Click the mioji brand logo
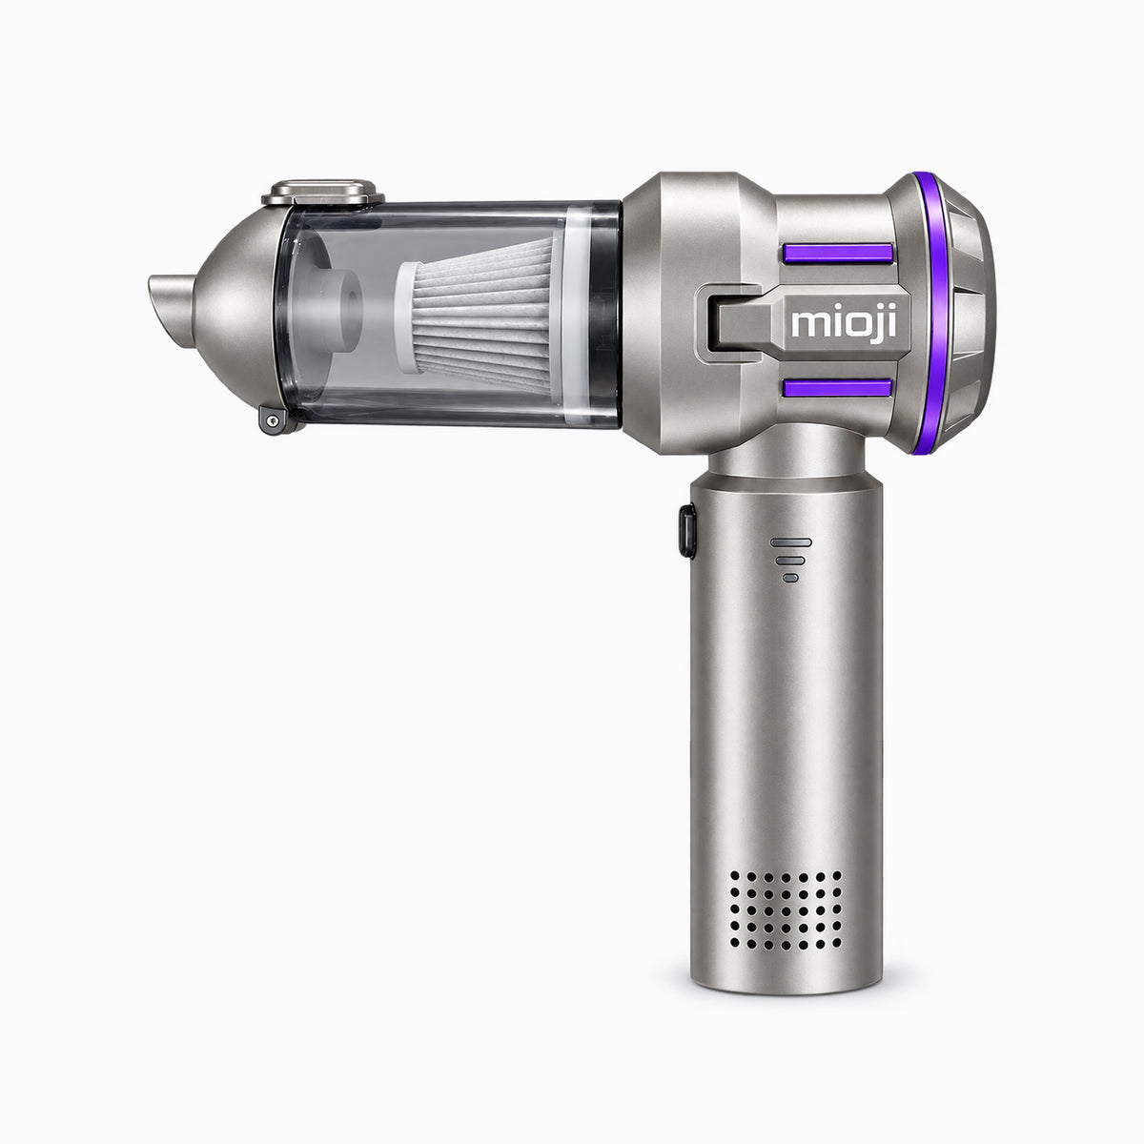coord(844,325)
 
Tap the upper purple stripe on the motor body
coord(838,253)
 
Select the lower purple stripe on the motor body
coord(837,388)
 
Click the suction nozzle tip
coord(171,309)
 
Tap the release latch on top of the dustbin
coord(323,193)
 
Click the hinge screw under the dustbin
coord(273,421)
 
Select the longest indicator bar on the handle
coord(790,542)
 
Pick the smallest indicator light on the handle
coord(790,578)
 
